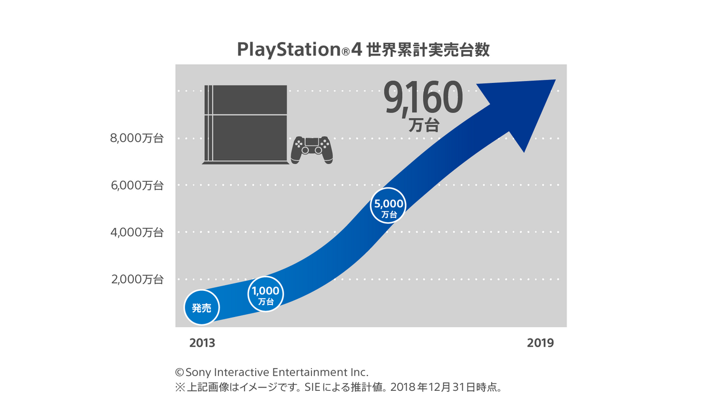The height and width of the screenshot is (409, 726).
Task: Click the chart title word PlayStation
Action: pyautogui.click(x=288, y=50)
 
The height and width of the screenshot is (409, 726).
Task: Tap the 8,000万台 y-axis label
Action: pyautogui.click(x=137, y=138)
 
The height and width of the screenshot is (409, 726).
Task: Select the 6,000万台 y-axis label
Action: pyautogui.click(x=137, y=185)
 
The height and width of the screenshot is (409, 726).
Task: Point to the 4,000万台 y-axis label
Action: pyautogui.click(x=137, y=232)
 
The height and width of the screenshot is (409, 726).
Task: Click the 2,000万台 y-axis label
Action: pyautogui.click(x=137, y=279)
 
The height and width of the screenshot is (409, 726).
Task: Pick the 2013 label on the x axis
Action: pyautogui.click(x=202, y=343)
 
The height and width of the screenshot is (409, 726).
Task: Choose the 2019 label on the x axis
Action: pyautogui.click(x=540, y=343)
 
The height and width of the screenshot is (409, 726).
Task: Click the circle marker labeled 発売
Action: pyautogui.click(x=201, y=308)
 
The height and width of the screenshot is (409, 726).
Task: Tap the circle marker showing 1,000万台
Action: pyautogui.click(x=265, y=294)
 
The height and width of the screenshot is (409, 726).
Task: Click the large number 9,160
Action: pyautogui.click(x=423, y=98)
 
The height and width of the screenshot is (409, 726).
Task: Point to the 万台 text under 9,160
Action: pyautogui.click(x=424, y=126)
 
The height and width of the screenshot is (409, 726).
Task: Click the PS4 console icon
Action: pyautogui.click(x=244, y=125)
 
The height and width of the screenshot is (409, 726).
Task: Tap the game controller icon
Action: pyautogui.click(x=311, y=149)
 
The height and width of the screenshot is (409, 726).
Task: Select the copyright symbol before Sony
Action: pyautogui.click(x=180, y=373)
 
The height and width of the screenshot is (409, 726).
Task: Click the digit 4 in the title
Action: pyautogui.click(x=356, y=50)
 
